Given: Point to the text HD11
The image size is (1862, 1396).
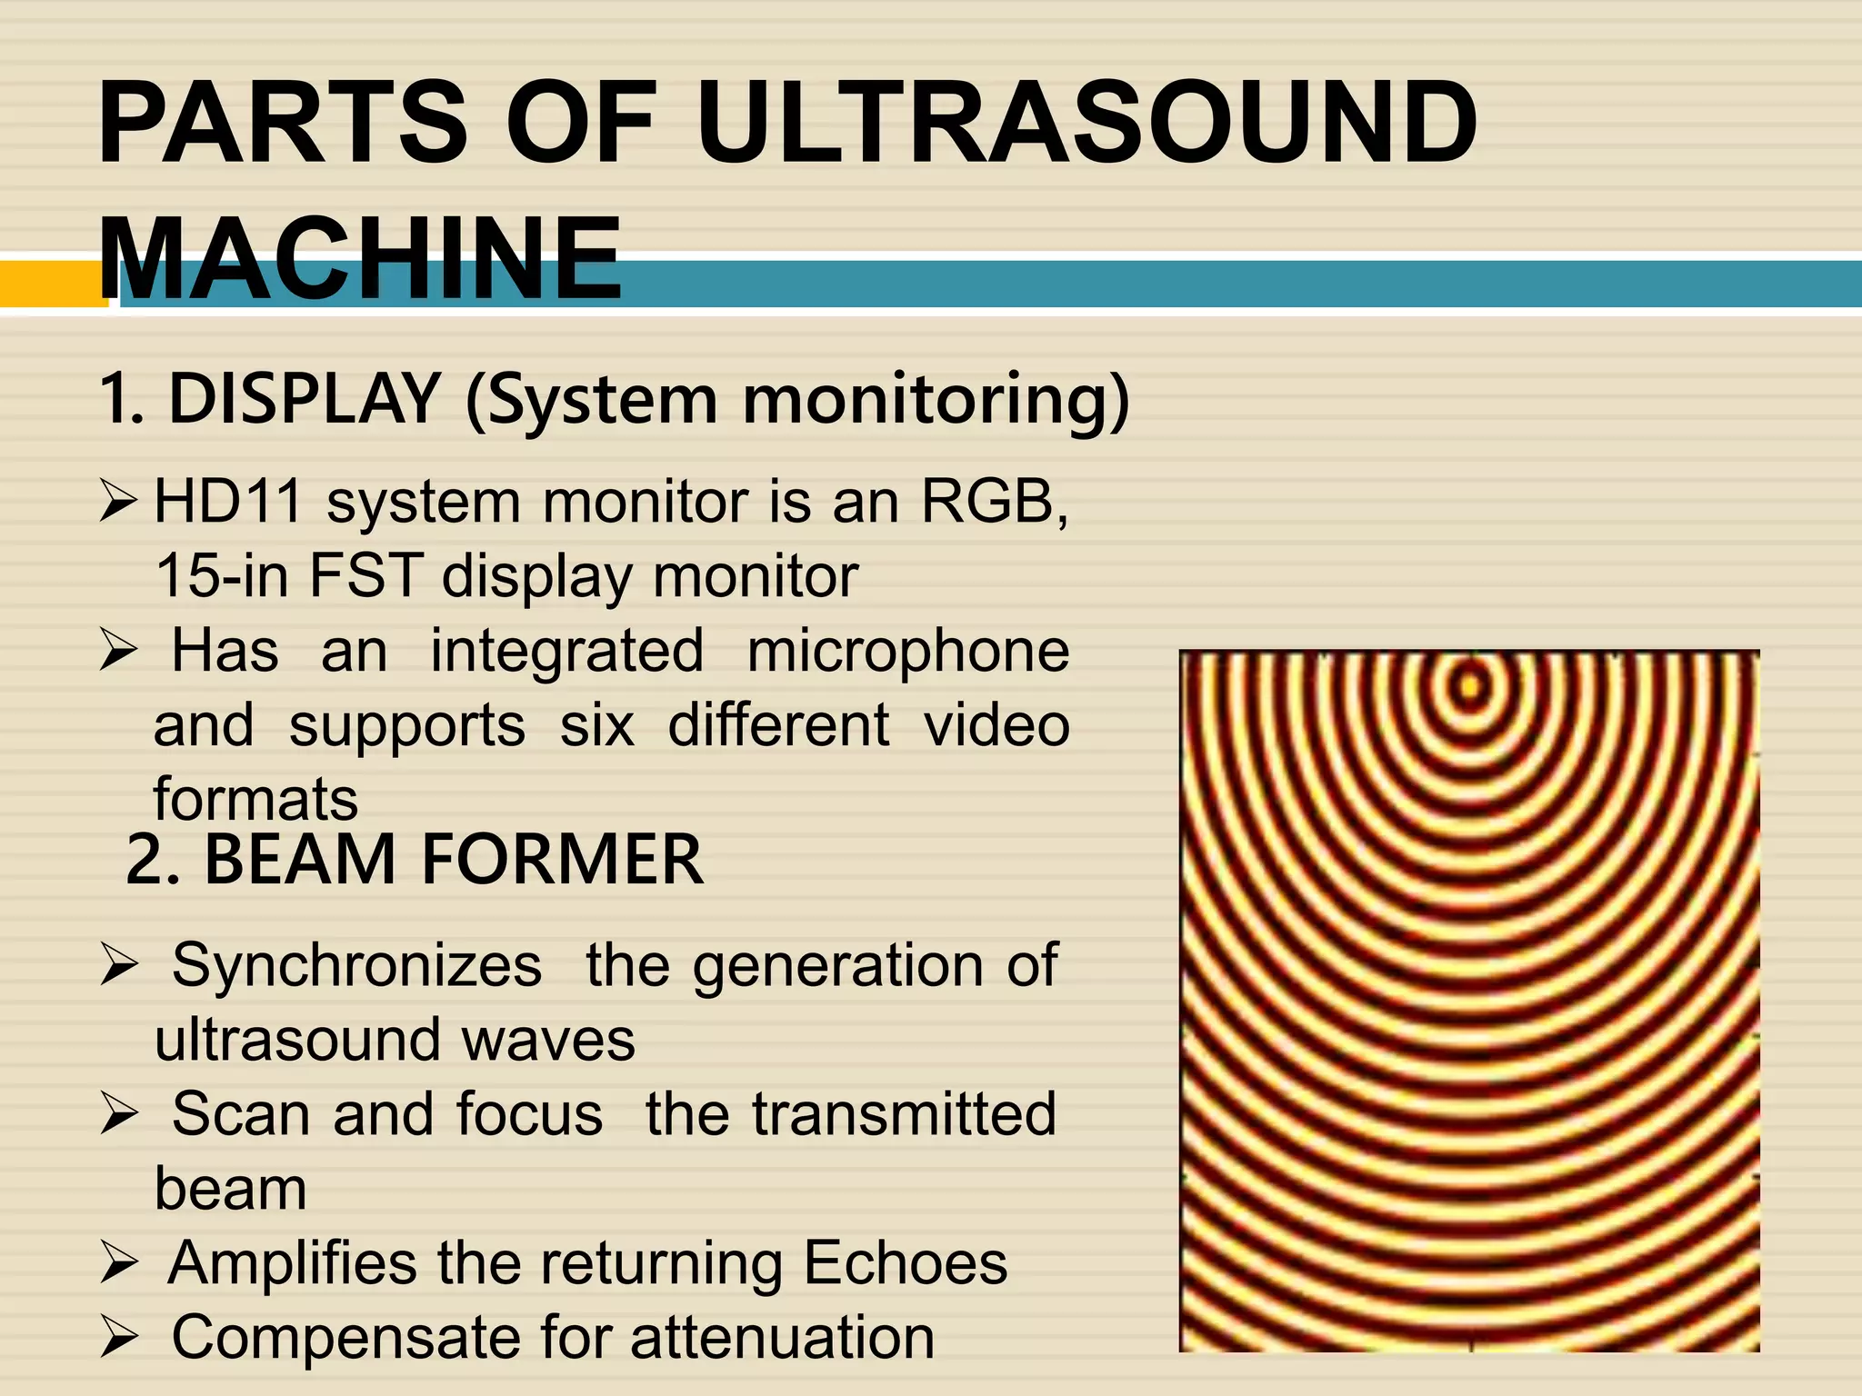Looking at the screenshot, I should click(227, 501).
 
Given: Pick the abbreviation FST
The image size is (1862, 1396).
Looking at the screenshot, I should click(366, 575).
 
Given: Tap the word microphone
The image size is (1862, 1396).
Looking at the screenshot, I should click(908, 651).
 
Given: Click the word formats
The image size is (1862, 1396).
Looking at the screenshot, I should click(255, 800).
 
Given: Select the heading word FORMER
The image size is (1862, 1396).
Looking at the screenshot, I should click(563, 860).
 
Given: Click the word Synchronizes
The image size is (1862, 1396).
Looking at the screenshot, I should click(357, 964).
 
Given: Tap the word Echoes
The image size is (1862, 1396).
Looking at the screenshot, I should click(906, 1262).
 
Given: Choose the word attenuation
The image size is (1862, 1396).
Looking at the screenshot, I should click(783, 1337).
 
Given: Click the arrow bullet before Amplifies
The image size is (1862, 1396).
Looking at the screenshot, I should click(119, 1263).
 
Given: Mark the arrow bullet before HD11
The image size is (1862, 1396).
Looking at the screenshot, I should click(119, 502).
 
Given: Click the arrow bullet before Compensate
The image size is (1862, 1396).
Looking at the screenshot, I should click(119, 1338).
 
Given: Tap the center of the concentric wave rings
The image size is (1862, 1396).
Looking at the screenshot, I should click(1468, 686).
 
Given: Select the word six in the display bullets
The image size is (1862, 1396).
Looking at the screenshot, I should click(596, 725).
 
